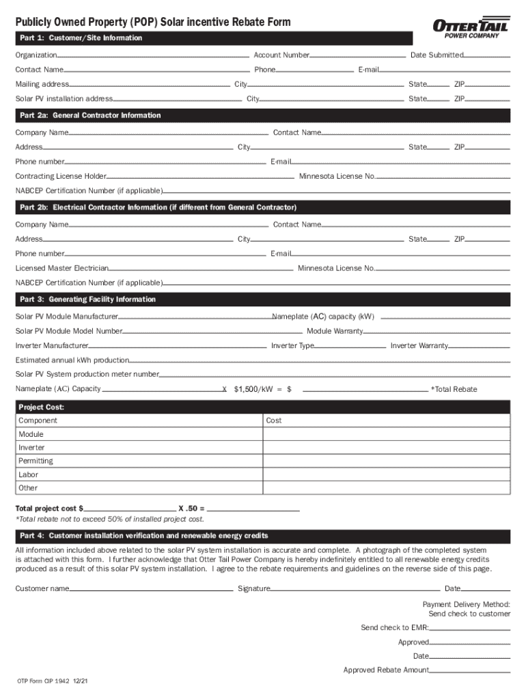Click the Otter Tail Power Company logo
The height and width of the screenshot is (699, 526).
[x=471, y=29]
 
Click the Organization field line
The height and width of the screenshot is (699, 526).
[x=154, y=56]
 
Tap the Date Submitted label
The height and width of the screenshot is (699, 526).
[x=437, y=55]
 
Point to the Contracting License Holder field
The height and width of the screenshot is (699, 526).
[x=199, y=177]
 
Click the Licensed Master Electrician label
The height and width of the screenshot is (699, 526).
[x=62, y=268]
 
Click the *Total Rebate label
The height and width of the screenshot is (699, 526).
[x=454, y=389]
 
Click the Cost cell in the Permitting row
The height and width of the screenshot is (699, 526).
[x=386, y=461]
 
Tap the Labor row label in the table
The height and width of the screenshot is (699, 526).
[x=29, y=474]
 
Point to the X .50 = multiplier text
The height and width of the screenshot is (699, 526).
[x=191, y=509]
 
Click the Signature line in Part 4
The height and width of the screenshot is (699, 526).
[x=355, y=590]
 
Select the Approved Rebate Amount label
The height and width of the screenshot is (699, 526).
[x=386, y=670]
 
